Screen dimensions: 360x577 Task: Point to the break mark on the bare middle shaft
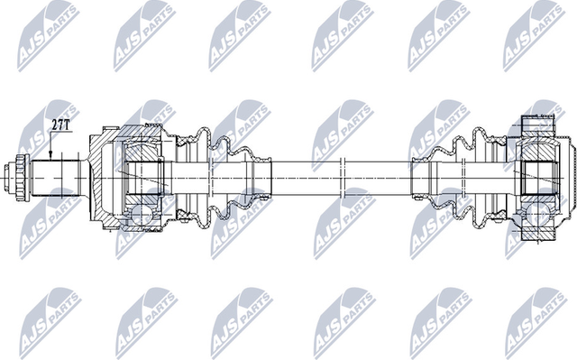coord(343,171)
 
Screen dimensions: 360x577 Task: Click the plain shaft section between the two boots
coord(307,171)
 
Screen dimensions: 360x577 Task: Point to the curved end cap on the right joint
coord(567,171)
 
